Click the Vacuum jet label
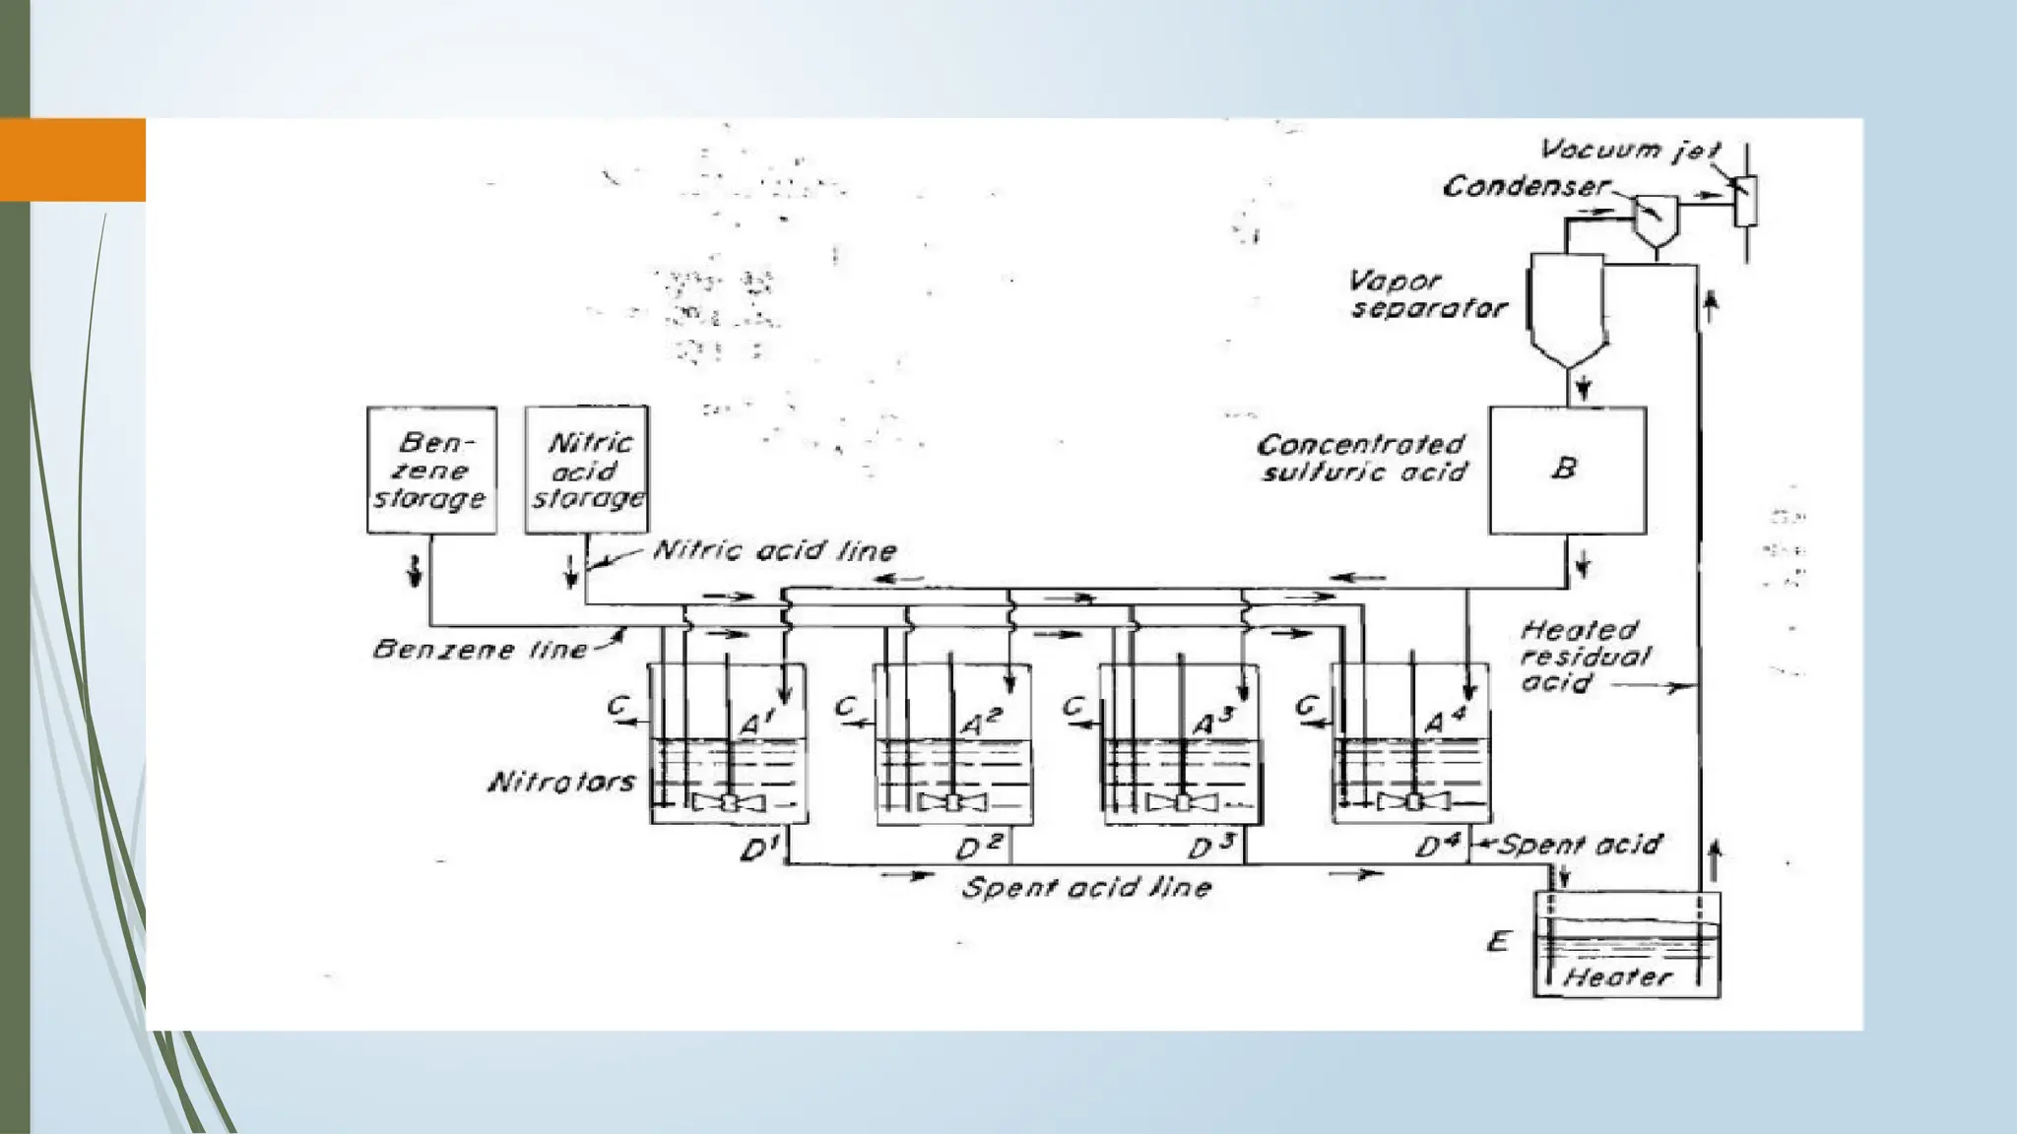1630,150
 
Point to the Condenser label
1526,186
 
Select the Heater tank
1627,944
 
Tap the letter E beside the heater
1498,942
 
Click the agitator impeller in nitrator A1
728,802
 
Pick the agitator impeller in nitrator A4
1413,801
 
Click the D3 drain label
1208,848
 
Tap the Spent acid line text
1086,888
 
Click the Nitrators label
562,783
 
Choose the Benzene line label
480,650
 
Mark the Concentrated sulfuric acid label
1363,459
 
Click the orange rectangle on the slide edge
73,159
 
